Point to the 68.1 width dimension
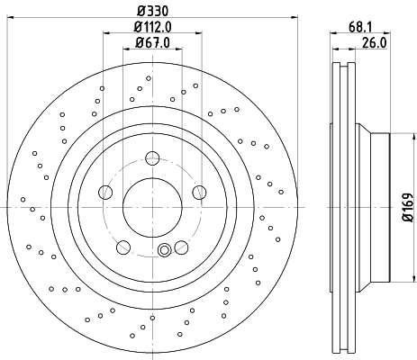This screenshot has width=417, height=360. pos(358,26)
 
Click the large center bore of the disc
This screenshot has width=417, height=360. pos(151,205)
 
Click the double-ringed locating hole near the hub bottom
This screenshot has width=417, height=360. pos(164,251)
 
